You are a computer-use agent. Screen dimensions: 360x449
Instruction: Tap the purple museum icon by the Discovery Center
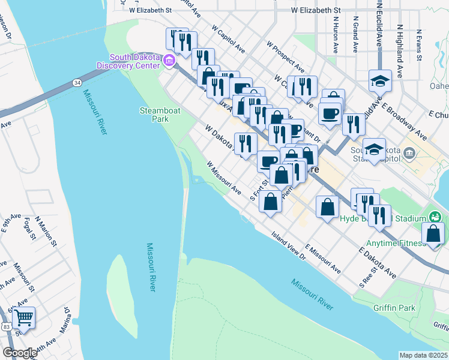(x=169, y=60)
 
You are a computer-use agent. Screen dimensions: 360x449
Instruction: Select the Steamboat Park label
(x=154, y=115)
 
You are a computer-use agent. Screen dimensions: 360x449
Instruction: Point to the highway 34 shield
(x=77, y=82)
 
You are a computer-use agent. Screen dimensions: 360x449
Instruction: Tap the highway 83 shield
(x=5, y=326)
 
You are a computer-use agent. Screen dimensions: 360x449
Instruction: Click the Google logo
(x=19, y=353)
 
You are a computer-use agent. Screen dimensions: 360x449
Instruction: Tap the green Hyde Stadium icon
(x=436, y=217)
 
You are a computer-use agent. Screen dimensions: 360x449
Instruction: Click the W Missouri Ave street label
(x=223, y=178)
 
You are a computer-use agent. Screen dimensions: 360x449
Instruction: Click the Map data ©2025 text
(x=424, y=355)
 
